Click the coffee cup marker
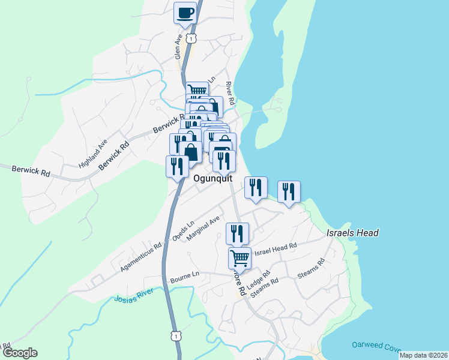click(185, 13)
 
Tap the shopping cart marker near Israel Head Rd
click(240, 257)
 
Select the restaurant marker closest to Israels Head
click(289, 192)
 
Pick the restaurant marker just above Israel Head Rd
click(237, 233)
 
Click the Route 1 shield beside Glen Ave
click(191, 38)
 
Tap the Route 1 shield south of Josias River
click(175, 337)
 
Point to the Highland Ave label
click(92, 154)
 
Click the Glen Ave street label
click(178, 46)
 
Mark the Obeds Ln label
click(184, 231)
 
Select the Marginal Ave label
click(205, 229)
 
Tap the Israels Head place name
click(352, 233)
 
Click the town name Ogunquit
click(214, 178)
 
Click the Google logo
click(19, 353)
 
